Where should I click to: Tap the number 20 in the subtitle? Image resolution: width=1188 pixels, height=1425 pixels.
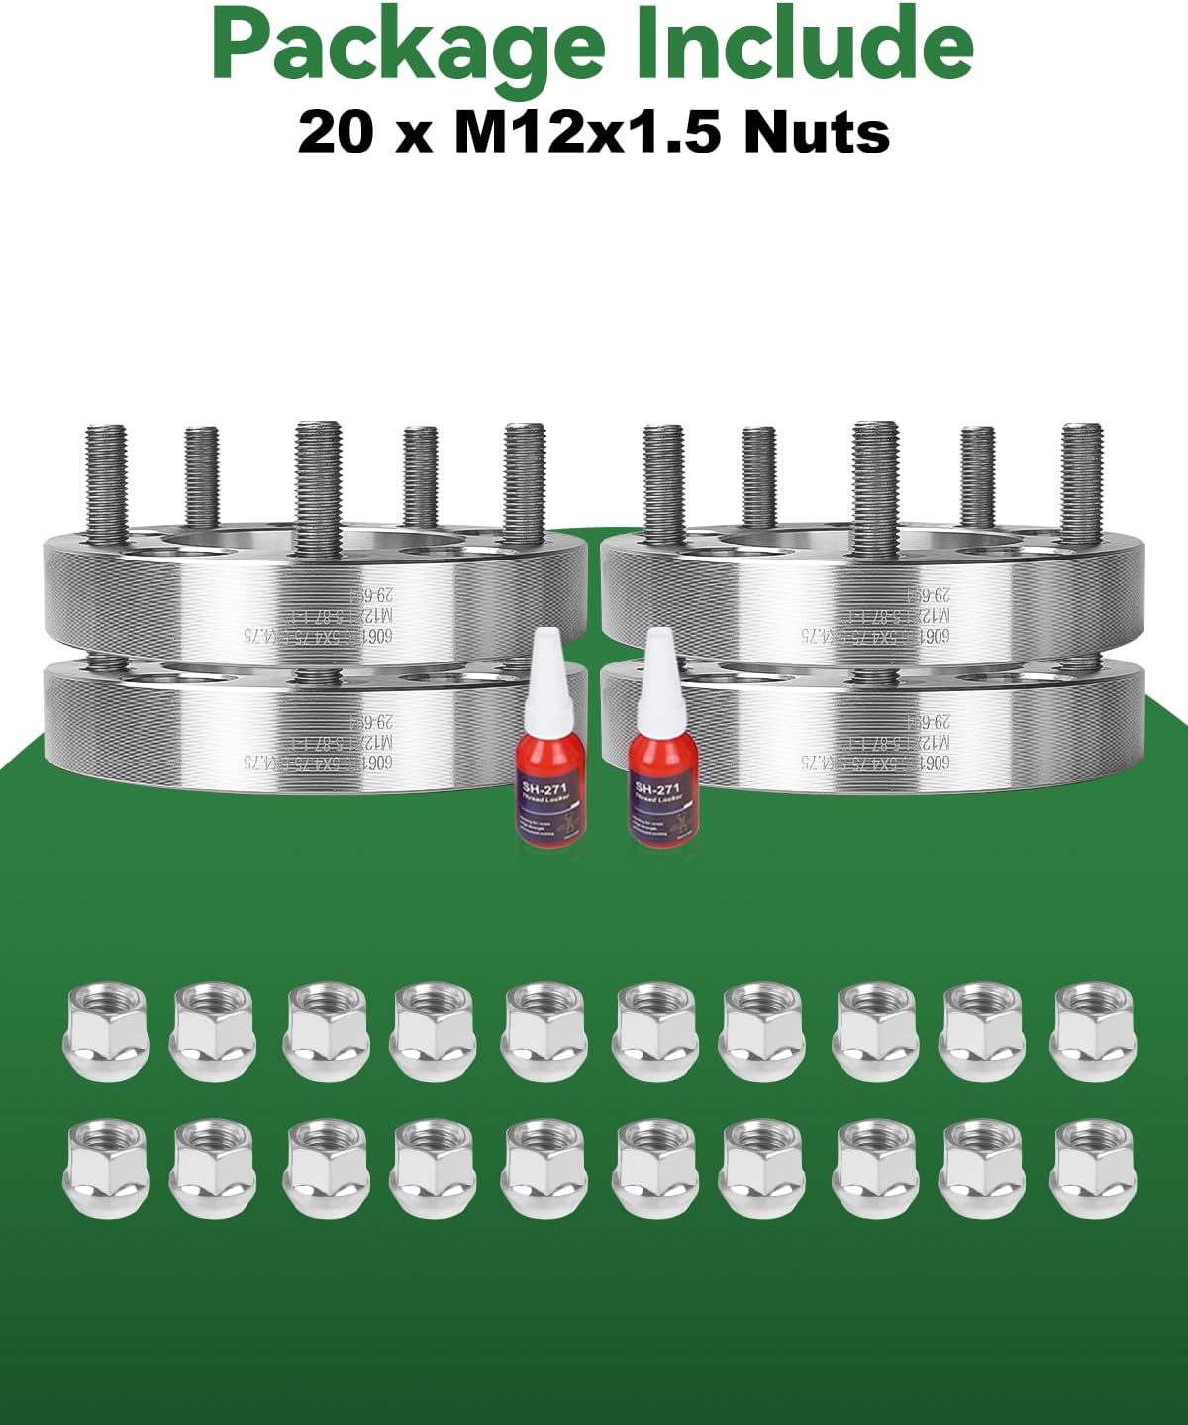coord(337,132)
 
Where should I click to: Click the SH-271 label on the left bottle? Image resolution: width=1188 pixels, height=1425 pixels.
coord(544,788)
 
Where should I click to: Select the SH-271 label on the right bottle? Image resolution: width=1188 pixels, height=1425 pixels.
coord(656,788)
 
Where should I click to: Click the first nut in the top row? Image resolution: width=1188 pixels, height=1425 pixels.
coord(104,1030)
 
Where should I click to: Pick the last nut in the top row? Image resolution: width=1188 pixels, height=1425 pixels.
coord(1094,1030)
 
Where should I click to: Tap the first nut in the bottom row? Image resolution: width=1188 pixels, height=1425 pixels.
coord(104,1167)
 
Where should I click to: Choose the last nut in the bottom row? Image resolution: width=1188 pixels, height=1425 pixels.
coord(1094,1167)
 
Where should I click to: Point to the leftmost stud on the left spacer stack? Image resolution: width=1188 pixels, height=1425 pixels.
coord(106,480)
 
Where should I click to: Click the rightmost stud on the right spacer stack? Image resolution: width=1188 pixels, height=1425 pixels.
coord(1081,480)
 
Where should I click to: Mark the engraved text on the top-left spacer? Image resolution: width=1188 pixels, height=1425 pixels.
coord(317,614)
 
